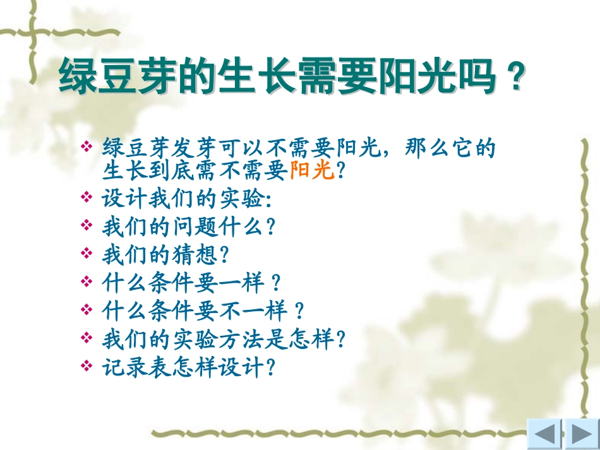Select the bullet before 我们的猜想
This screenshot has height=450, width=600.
(x=87, y=254)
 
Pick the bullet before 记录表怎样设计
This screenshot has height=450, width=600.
(x=87, y=367)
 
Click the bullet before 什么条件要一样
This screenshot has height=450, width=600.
(x=87, y=282)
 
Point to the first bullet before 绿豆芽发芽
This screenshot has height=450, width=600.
(x=87, y=148)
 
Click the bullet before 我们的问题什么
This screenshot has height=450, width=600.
(x=87, y=226)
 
